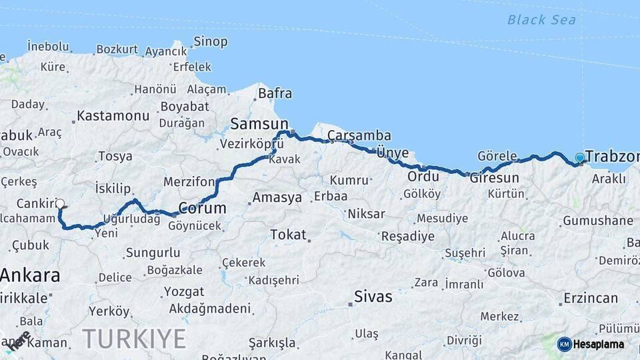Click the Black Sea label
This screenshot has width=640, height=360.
coord(541,19)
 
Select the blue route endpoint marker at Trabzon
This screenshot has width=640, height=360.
coord(580,158)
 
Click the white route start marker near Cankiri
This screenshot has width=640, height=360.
coord(60,203)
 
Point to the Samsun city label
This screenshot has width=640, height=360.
coord(259,123)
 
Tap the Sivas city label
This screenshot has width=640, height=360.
coord(373,297)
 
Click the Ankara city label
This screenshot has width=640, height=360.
coord(30,275)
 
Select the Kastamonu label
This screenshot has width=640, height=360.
coord(113,116)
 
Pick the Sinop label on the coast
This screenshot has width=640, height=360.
coord(210,41)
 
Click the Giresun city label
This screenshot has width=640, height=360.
coord(494,178)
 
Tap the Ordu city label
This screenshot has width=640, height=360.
coord(423,177)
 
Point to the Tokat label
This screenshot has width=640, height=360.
coord(288,235)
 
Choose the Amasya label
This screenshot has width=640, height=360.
coord(277,198)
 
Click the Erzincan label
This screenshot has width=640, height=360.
coord(591,298)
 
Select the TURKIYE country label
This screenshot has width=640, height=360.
coord(134,339)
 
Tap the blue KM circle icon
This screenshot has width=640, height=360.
coord(565,344)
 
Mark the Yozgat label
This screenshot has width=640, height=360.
coord(184,292)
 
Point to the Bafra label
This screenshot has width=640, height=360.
coord(275,93)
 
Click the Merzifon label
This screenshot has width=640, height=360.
coord(190,182)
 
